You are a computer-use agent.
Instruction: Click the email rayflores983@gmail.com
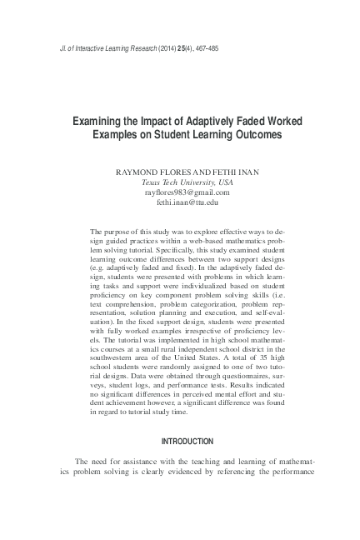pyautogui.click(x=187, y=191)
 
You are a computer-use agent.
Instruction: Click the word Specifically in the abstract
pyautogui.click(x=152, y=247)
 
